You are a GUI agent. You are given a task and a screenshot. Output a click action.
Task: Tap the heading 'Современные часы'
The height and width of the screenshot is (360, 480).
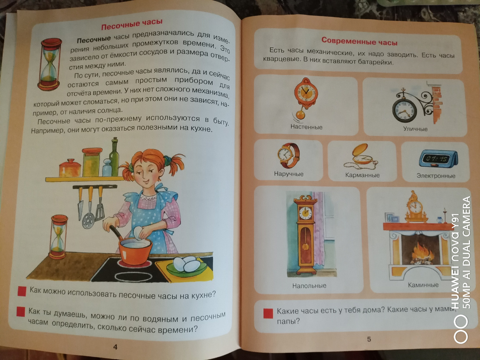pos(359,41)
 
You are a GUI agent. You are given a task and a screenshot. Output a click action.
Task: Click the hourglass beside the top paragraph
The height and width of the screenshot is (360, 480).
pos(50,64)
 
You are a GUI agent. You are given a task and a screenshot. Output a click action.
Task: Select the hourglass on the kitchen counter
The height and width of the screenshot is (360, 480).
pos(58,236)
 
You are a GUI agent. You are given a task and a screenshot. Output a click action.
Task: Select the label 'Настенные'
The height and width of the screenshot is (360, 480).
pos(306,127)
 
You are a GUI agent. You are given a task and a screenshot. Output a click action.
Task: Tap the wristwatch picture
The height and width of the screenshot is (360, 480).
pos(288,156)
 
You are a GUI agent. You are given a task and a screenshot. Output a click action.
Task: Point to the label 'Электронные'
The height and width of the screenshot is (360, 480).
pos(436,176)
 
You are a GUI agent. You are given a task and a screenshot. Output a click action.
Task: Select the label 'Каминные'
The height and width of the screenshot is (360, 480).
pos(423,285)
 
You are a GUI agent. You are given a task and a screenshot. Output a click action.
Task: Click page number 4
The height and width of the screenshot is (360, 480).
pos(115,347)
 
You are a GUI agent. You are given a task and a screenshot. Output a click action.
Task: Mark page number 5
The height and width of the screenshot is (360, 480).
pos(369,339)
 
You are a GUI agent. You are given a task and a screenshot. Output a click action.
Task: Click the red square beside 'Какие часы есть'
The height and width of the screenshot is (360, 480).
pos(268,313)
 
